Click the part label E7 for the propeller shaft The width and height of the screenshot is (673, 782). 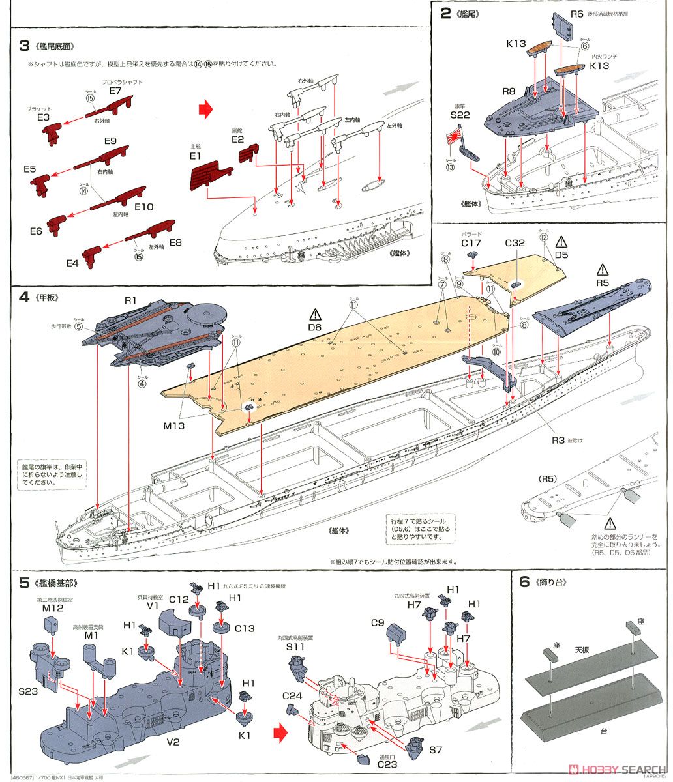[x=115, y=91]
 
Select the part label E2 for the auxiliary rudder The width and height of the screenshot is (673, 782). [x=237, y=139]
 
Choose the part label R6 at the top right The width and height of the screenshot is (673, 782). [x=576, y=14]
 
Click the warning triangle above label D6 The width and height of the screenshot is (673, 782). [x=316, y=314]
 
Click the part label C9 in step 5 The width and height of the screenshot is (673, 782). [x=377, y=622]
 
